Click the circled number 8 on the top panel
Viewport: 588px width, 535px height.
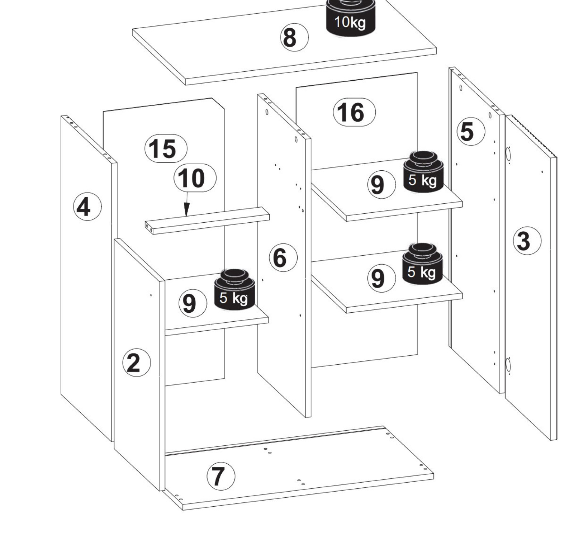click(294, 37)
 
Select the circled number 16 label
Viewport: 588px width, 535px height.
click(354, 112)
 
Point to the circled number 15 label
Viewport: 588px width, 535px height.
click(166, 148)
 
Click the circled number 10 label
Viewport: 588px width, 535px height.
click(195, 178)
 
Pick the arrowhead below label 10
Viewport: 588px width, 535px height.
click(186, 210)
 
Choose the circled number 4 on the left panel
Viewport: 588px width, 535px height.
click(87, 207)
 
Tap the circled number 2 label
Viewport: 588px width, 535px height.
click(137, 363)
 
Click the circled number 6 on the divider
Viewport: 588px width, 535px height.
click(283, 257)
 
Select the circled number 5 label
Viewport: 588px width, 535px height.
click(471, 131)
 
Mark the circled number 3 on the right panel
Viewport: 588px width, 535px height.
click(527, 241)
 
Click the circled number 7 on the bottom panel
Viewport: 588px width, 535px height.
click(221, 476)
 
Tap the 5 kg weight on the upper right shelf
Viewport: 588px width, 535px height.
click(423, 172)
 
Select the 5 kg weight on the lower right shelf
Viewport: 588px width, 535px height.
click(423, 264)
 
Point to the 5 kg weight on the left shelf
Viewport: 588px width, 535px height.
click(234, 289)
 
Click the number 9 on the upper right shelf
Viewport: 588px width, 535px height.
click(381, 184)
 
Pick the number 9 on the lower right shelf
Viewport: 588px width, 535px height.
click(381, 278)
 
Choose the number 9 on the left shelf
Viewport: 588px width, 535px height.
click(193, 303)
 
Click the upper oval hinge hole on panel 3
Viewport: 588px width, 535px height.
click(508, 155)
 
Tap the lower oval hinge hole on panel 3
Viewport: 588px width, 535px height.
click(508, 365)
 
